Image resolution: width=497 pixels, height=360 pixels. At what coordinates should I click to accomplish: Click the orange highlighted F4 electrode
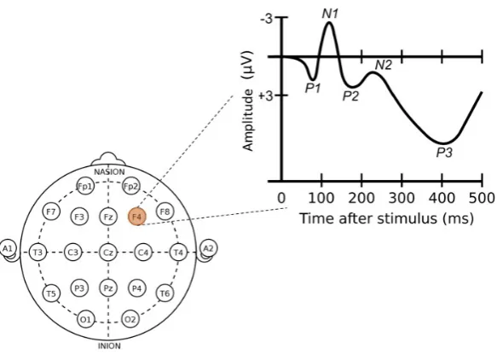tap(137, 217)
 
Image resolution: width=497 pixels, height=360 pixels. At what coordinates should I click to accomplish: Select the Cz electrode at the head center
tap(108, 253)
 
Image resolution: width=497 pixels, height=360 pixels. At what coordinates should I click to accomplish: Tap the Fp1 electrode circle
tap(85, 187)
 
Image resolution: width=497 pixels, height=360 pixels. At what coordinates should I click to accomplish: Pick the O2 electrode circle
tap(130, 319)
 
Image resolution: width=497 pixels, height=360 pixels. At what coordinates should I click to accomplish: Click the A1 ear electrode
tap(8, 248)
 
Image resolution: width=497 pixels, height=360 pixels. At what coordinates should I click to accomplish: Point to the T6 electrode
tap(165, 293)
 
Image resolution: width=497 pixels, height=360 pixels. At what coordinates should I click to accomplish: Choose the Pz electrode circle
tap(108, 288)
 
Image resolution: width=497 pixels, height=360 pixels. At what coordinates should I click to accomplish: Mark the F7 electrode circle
tap(51, 212)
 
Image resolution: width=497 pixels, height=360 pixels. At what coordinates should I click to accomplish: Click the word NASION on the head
tap(109, 172)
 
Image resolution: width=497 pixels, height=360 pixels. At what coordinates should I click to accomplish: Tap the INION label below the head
tap(109, 345)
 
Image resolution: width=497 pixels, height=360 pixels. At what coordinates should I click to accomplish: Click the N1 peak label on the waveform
tap(330, 14)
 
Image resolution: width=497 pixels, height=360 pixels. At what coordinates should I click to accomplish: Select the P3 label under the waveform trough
tap(444, 153)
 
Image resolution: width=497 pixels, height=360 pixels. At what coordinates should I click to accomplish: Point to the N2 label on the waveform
tap(384, 65)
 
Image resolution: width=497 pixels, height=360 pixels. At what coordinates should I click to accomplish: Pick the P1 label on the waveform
tap(313, 88)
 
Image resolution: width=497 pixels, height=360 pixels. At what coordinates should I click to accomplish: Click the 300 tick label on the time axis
tap(402, 198)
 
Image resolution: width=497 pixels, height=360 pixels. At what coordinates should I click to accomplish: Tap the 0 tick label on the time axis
tap(281, 198)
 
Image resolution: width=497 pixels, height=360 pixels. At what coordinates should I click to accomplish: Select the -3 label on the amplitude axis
tap(266, 19)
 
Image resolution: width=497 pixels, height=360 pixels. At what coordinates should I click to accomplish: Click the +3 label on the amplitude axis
tap(266, 96)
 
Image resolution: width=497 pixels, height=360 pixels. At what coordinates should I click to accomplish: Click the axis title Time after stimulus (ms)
tap(387, 218)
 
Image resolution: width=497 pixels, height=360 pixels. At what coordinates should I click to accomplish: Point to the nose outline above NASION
tap(108, 155)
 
